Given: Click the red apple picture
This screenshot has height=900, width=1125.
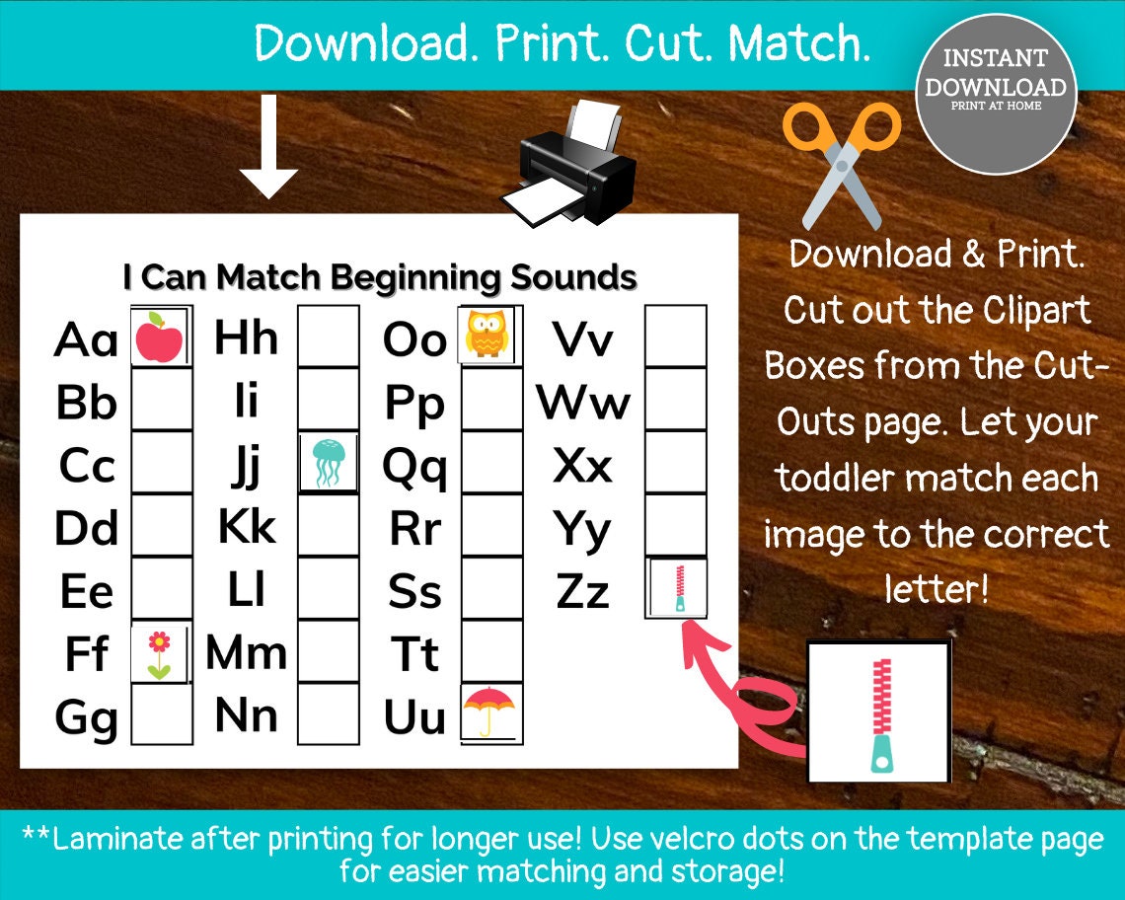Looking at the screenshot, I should click(159, 337).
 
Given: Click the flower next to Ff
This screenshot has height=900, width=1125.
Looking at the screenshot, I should click(159, 654).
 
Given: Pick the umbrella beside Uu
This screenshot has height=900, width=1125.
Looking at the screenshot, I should click(488, 711).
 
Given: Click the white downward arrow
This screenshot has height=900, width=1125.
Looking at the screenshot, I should click(268, 148).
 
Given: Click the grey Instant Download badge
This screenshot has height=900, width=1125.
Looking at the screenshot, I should click(995, 94).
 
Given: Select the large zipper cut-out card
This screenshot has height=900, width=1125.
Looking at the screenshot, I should click(878, 712).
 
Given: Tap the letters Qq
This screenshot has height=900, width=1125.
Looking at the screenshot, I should click(414, 467).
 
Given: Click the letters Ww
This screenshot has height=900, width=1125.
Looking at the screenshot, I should click(583, 403).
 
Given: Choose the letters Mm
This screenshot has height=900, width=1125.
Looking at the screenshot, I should click(246, 653).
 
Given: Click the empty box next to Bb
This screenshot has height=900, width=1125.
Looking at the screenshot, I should click(162, 400).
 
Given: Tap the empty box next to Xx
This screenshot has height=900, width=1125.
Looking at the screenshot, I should click(676, 462).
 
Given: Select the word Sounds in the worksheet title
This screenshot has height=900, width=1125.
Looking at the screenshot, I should click(572, 277).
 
